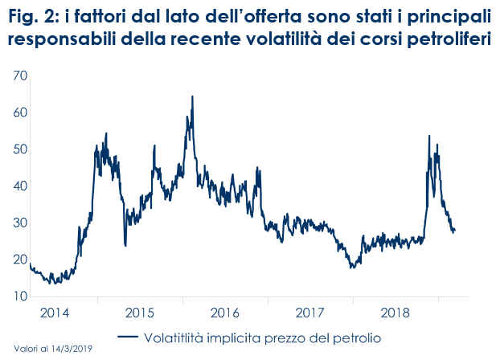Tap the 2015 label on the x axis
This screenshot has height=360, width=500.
[x=139, y=313]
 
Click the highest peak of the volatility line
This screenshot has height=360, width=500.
[x=192, y=96]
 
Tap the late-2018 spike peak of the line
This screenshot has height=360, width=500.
[x=429, y=137]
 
